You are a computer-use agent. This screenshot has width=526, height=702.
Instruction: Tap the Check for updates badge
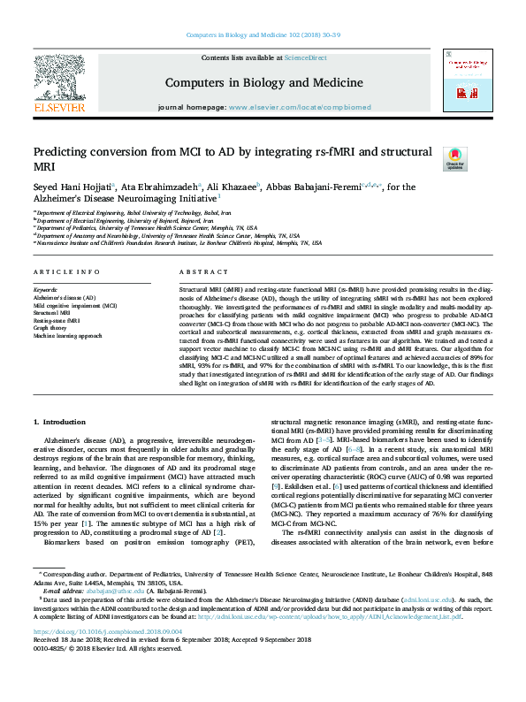click(454, 159)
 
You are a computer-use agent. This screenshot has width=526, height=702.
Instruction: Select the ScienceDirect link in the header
click(305, 57)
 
